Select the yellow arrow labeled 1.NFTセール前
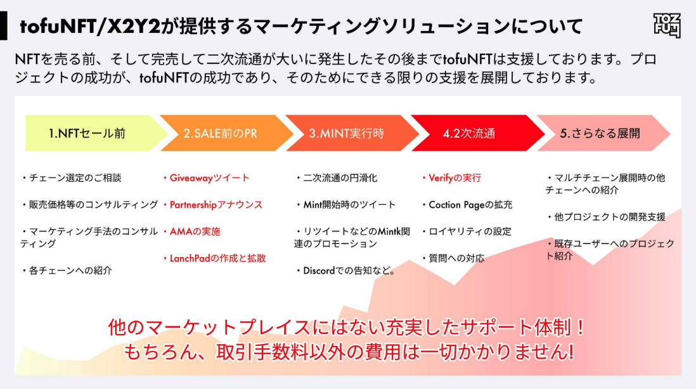click(x=89, y=133)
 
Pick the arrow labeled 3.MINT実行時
click(x=346, y=133)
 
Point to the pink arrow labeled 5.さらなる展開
click(x=600, y=133)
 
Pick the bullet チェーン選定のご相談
click(x=74, y=178)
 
